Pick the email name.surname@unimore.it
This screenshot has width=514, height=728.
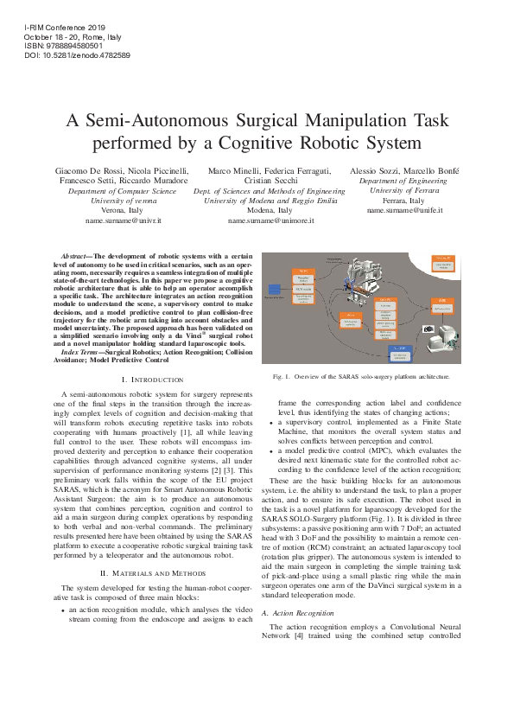(x=270, y=221)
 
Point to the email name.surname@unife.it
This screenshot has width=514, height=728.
(x=405, y=210)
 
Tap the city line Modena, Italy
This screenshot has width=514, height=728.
(x=270, y=210)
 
